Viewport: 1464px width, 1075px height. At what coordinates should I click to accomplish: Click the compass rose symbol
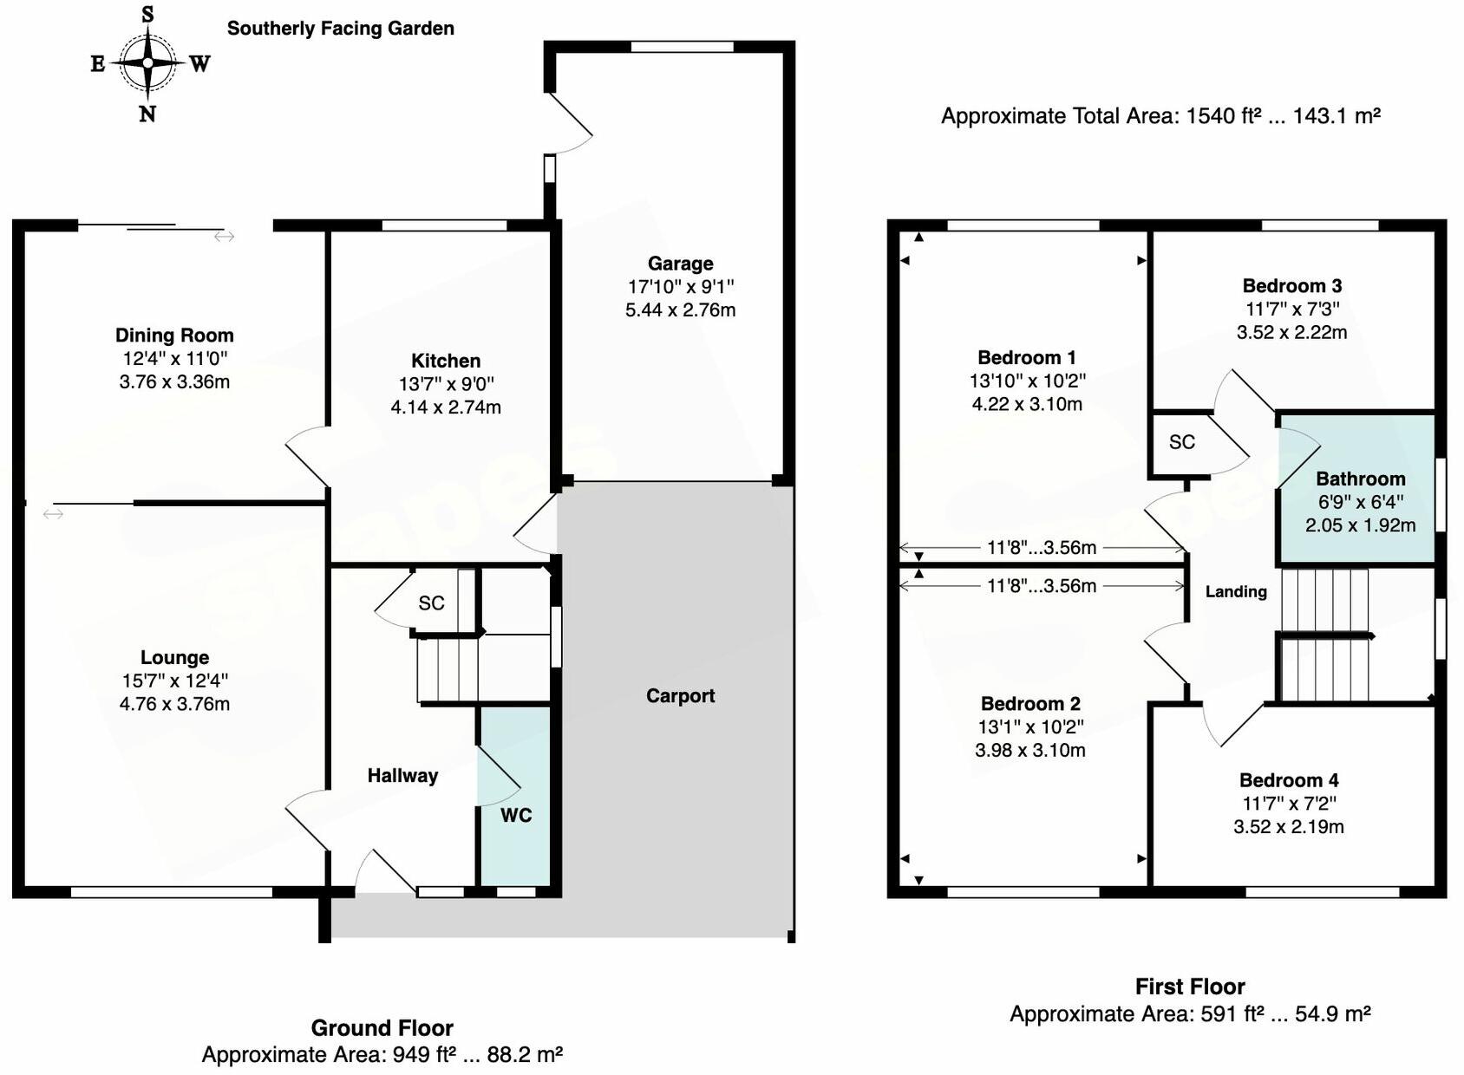(x=148, y=62)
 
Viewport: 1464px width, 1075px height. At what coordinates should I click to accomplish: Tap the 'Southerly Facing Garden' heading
(x=340, y=29)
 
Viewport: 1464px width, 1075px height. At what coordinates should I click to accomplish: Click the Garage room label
(x=680, y=264)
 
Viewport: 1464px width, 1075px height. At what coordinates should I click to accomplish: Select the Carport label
(x=680, y=695)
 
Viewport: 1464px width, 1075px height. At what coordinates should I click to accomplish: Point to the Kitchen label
(x=445, y=361)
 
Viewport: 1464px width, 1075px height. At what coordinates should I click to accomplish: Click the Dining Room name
(x=174, y=336)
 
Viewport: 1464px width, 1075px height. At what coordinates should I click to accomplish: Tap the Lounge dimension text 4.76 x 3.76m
(x=174, y=704)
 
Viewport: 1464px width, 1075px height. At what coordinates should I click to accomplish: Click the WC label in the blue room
(x=515, y=815)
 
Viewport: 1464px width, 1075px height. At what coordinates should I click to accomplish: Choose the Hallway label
(x=402, y=775)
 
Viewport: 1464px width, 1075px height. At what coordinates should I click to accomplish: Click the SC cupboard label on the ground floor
(x=431, y=603)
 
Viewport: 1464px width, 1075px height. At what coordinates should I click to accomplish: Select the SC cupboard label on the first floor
(x=1181, y=442)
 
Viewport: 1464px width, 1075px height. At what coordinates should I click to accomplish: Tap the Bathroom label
(x=1360, y=479)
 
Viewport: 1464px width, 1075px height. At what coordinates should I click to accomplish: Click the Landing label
(x=1236, y=591)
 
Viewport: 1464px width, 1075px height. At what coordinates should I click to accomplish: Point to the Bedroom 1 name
(x=1026, y=357)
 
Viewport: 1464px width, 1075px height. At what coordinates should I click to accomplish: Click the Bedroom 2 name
(x=1029, y=703)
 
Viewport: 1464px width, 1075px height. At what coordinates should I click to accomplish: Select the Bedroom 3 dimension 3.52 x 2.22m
(x=1291, y=332)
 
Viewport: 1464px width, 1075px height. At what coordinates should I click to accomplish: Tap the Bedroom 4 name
(x=1288, y=779)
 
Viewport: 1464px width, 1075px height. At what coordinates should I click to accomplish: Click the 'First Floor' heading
(x=1189, y=987)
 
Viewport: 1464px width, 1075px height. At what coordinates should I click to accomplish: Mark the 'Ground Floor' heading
(x=382, y=1028)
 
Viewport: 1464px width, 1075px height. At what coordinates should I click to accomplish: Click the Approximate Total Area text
(x=1160, y=115)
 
